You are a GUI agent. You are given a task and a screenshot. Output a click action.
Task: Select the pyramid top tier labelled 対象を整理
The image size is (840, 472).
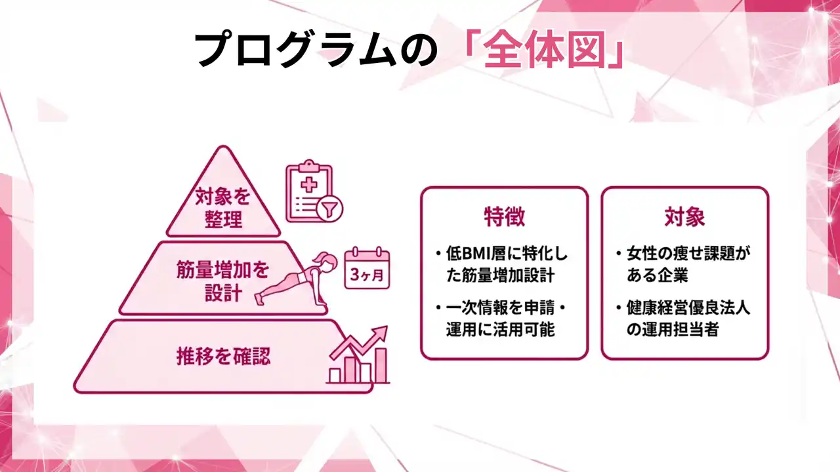(222, 206)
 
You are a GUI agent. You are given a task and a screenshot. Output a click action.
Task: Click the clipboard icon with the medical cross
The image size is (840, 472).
(309, 191)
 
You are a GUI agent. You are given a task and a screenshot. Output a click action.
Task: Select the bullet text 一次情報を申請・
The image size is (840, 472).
(505, 308)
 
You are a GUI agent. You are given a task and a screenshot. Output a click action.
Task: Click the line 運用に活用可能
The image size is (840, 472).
(500, 330)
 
